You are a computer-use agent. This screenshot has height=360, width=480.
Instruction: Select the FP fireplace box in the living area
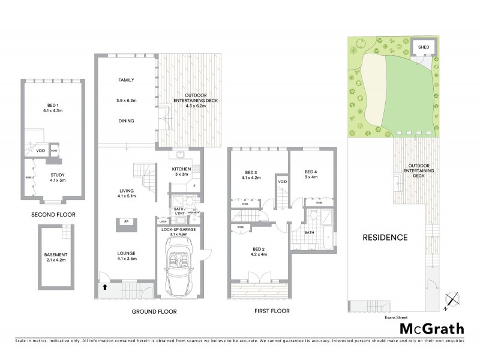pyautogui.click(x=126, y=221)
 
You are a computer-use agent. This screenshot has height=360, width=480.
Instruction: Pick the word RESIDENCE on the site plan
pyautogui.click(x=385, y=238)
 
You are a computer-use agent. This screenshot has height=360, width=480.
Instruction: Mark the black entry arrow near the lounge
pyautogui.click(x=106, y=287)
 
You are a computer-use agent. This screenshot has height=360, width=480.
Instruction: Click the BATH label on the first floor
pyautogui.click(x=309, y=232)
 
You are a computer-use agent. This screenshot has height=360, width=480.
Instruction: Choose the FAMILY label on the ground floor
pyautogui.click(x=125, y=80)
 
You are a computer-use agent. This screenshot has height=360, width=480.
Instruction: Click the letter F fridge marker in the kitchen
pyautogui.click(x=194, y=187)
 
